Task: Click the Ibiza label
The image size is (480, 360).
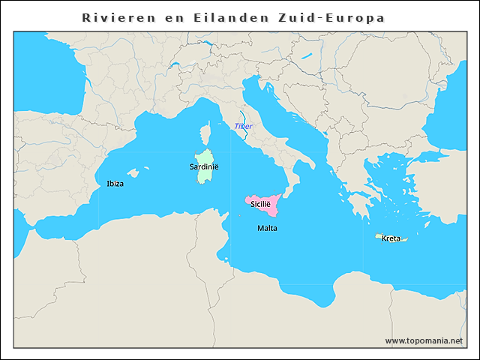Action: (x=115, y=184)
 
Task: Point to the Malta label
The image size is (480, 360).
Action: (x=267, y=227)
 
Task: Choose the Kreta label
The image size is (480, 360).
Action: (x=391, y=238)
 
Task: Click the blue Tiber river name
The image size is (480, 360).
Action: (x=244, y=126)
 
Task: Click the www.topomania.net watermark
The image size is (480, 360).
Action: (x=424, y=340)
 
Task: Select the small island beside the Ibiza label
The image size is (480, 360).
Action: (x=133, y=174)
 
